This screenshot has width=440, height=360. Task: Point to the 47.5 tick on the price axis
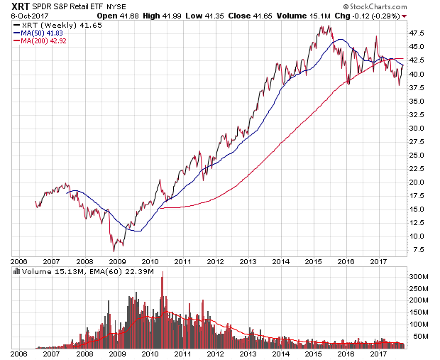click(417, 33)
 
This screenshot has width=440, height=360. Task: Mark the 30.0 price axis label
click(417, 128)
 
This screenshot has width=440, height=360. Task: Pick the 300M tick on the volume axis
click(418, 276)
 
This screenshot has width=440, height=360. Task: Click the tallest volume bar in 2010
click(163, 273)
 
